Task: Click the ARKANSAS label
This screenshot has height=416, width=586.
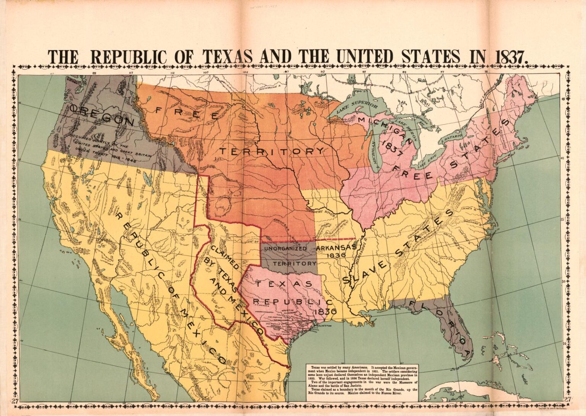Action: (336, 247)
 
